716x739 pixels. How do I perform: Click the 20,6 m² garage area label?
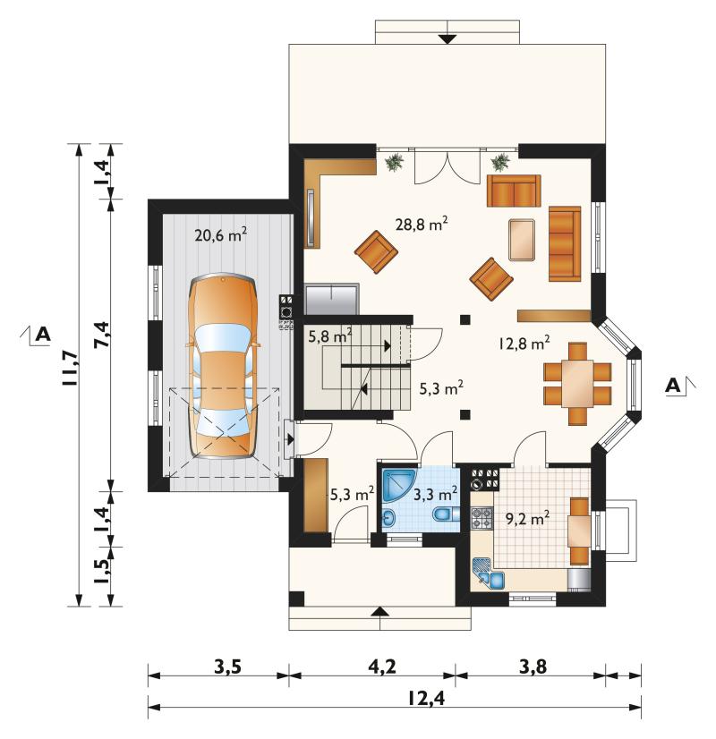pos(221,235)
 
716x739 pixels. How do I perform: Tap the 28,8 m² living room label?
pos(422,224)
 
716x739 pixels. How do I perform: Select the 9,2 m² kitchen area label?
pos(527,519)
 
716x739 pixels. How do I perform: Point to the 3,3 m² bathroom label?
pos(436,495)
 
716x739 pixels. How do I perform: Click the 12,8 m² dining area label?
pos(524,344)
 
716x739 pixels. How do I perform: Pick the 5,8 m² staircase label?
pos(330,336)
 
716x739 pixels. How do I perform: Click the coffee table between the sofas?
pos(522,239)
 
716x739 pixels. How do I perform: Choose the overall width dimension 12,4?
pos(426,699)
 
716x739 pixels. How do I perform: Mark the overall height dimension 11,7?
pos(67,369)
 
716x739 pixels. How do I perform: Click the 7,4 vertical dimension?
pos(101,335)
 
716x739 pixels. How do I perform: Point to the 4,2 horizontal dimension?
pos(383,667)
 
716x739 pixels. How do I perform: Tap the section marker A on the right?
pos(674,386)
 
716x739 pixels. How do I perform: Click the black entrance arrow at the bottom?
pos(379,612)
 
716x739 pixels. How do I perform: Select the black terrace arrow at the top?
pos(447,39)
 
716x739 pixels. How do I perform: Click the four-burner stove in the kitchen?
pos(482,517)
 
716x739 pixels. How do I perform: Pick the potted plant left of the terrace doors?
pos(394,162)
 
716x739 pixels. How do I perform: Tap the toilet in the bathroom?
pos(446,514)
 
